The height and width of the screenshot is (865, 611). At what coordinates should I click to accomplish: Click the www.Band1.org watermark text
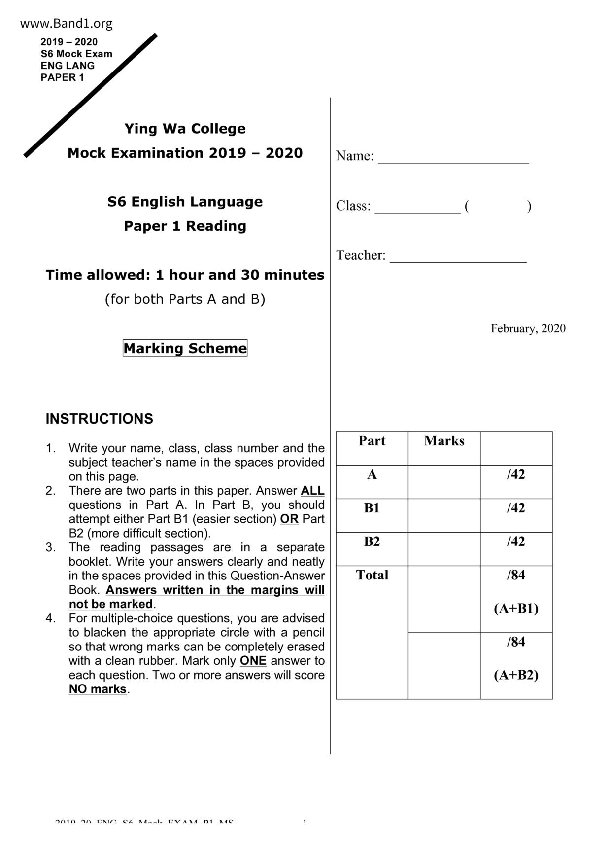(67, 23)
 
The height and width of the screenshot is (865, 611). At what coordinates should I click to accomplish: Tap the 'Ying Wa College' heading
(185, 129)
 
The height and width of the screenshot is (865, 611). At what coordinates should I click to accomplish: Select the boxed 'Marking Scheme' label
(185, 348)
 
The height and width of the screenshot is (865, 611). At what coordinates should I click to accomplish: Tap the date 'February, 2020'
(528, 328)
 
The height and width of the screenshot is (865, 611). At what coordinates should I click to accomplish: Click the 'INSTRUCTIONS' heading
(99, 419)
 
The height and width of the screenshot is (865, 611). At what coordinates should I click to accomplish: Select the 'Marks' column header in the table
(444, 441)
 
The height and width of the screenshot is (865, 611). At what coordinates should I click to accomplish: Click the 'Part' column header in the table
(372, 441)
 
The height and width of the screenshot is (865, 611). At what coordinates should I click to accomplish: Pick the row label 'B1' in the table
(372, 508)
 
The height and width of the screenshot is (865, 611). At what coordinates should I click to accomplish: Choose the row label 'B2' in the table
(372, 541)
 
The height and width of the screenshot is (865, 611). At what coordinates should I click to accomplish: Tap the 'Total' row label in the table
(372, 575)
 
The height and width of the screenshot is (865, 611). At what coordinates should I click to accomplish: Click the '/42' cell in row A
(516, 474)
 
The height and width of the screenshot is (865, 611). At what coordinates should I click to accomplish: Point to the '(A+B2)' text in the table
(516, 675)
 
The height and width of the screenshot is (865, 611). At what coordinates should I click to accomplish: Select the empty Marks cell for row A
(444, 481)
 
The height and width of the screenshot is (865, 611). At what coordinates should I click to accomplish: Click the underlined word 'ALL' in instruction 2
(312, 491)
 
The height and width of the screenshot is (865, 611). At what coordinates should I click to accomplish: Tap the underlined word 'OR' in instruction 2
(289, 519)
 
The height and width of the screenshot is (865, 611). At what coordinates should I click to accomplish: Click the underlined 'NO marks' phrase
(98, 689)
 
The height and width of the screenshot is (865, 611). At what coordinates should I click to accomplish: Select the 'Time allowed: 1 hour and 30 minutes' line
(185, 275)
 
